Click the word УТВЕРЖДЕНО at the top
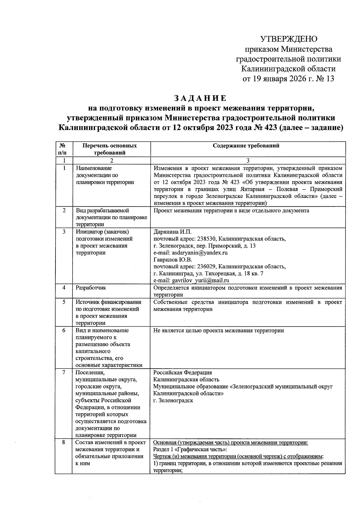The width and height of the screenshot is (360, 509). (288, 39)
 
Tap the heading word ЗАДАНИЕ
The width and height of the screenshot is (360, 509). (200, 98)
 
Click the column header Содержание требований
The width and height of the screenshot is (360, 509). (246, 146)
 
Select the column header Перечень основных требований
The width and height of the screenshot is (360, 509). (109, 149)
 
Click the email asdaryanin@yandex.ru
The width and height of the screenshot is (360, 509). (197, 253)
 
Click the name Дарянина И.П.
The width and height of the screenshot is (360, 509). (172, 232)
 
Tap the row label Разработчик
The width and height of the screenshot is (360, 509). (91, 288)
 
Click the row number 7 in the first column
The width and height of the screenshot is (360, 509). (64, 373)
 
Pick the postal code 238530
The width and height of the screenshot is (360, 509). (206, 239)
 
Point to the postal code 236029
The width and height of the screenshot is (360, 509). (206, 266)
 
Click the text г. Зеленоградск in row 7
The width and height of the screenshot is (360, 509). (173, 400)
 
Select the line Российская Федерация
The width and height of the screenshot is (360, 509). (182, 373)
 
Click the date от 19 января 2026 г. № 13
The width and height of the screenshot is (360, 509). (288, 79)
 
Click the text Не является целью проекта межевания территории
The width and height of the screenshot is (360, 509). (218, 331)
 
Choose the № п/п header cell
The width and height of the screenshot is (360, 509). (62, 149)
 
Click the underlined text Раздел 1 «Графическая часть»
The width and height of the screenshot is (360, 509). (190, 449)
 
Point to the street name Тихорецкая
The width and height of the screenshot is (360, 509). (222, 274)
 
